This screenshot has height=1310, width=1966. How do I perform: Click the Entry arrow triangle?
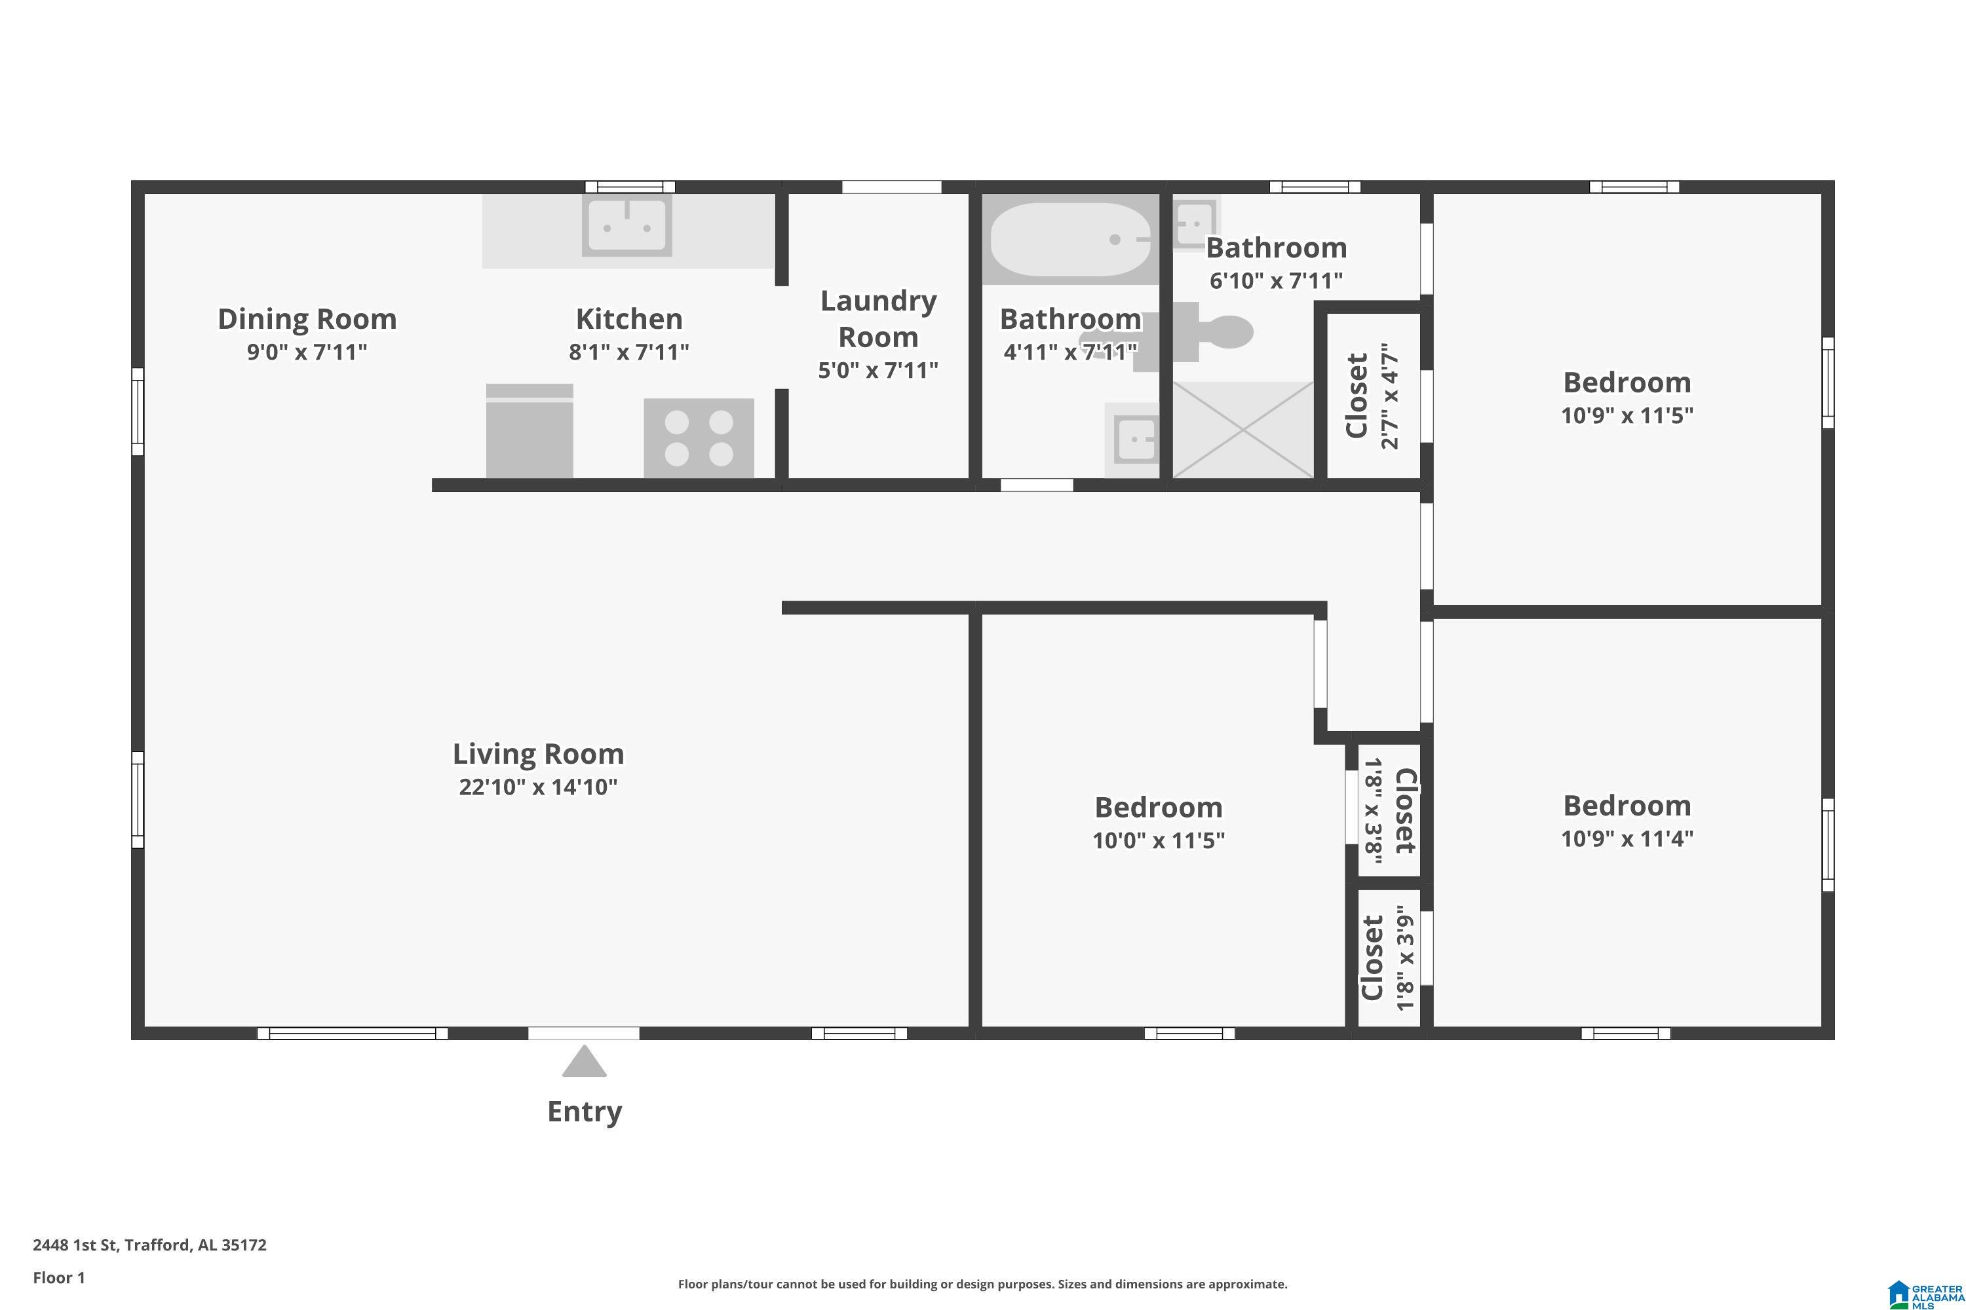585,1061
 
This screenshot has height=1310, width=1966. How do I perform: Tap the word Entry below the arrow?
585,1112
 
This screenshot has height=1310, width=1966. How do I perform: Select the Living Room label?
538,754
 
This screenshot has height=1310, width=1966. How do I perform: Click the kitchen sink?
627,224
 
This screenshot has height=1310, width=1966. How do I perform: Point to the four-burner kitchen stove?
699,439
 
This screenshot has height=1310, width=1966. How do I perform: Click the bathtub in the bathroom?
1071,240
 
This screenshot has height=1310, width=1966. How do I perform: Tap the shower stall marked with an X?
1243,430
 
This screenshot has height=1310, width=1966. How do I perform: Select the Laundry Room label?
879,318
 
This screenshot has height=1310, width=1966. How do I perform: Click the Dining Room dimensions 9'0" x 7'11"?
307,352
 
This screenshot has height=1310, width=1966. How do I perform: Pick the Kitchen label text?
629,318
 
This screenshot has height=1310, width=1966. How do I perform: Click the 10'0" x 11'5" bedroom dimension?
1159,840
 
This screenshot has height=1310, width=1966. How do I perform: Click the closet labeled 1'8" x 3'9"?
1389,958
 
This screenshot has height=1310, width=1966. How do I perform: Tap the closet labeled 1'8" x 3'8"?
1389,810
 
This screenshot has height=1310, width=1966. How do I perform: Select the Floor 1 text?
58,1277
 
